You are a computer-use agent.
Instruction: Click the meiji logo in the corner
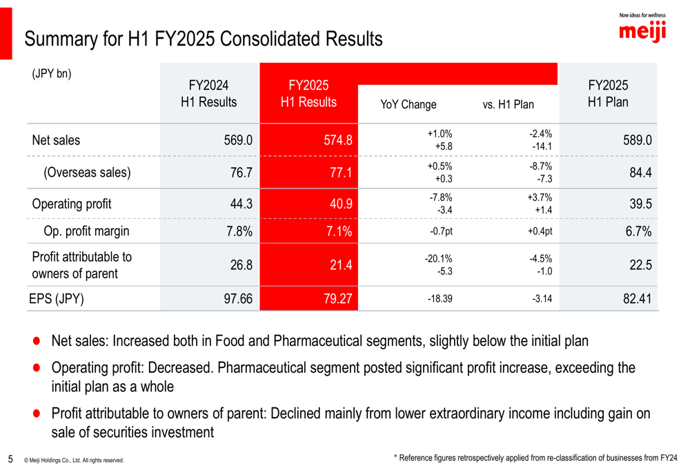[x=642, y=30]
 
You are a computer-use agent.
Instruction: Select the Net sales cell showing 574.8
[x=338, y=140]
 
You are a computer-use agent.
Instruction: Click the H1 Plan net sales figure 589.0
[x=637, y=140]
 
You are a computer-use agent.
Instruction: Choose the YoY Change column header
[x=408, y=105]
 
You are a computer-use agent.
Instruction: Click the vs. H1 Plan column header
[x=509, y=105]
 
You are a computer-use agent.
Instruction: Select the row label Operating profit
[x=72, y=204]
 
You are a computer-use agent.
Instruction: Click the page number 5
[x=10, y=458]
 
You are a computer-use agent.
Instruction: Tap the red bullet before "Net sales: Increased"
[x=37, y=341]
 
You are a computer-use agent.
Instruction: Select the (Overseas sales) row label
[x=87, y=173]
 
